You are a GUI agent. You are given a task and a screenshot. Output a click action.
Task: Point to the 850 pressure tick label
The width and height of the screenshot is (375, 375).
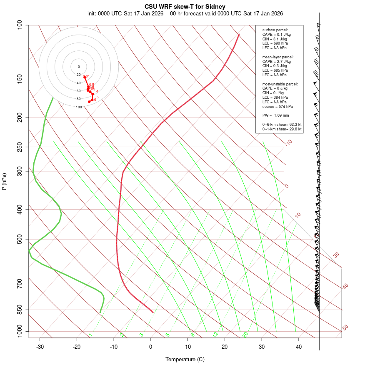[x=20, y=310]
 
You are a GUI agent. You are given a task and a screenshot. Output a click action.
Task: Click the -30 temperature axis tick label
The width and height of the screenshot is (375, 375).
[x=40, y=347]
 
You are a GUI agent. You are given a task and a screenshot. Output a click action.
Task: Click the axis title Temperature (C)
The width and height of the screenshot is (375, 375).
[x=185, y=359]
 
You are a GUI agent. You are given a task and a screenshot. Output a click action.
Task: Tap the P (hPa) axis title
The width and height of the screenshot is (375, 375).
[x=4, y=181]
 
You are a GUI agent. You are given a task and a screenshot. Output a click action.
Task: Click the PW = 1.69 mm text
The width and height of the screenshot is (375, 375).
[x=275, y=115]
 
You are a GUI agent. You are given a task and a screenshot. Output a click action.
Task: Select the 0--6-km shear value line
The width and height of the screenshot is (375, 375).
[x=282, y=125]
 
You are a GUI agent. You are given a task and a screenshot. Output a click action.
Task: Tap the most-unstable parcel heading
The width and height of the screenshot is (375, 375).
[x=280, y=84]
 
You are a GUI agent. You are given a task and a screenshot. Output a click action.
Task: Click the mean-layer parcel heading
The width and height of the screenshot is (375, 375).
[x=278, y=57]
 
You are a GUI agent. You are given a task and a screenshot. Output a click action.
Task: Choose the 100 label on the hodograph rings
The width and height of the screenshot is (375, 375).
[x=79, y=107]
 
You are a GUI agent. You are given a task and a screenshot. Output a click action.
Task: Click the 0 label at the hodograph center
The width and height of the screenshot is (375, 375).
[x=79, y=67]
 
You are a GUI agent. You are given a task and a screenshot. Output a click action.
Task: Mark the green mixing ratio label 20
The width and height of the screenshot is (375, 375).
[x=245, y=335]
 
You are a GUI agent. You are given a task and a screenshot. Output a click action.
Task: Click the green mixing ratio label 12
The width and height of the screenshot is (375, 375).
[x=215, y=335]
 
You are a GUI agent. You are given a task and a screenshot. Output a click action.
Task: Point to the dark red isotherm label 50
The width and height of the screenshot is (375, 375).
[x=345, y=328]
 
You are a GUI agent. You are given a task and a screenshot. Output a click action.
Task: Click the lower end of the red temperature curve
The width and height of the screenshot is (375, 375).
[x=153, y=312]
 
